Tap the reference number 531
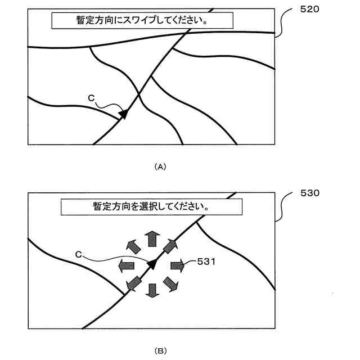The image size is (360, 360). (206, 262)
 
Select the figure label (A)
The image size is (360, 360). (160, 166)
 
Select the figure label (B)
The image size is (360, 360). (160, 350)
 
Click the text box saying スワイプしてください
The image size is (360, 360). (142, 20)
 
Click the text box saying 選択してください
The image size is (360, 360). (151, 206)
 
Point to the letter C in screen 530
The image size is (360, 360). (79, 255)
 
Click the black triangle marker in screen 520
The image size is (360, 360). (123, 115)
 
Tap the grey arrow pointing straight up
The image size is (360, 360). (151, 238)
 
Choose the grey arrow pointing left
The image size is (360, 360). (125, 265)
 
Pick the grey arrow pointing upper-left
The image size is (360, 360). (132, 246)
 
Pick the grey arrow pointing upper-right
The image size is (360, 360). (170, 246)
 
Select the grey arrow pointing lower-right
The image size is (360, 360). (170, 283)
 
